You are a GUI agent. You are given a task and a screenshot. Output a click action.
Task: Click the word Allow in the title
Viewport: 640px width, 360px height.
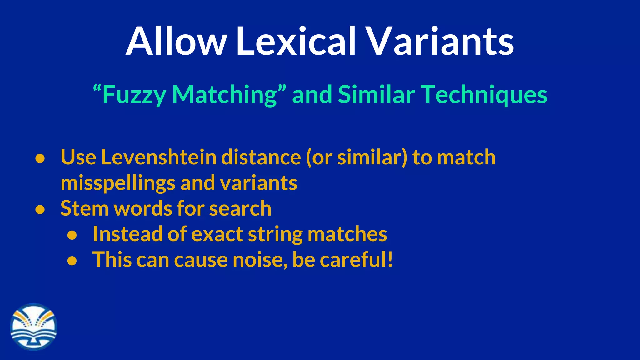click(x=176, y=41)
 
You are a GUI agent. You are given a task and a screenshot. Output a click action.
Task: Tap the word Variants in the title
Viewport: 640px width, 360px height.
click(x=440, y=41)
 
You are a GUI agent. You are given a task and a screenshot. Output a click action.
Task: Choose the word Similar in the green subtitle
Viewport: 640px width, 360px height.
click(x=376, y=94)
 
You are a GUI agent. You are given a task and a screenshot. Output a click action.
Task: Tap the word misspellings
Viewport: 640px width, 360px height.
click(x=118, y=183)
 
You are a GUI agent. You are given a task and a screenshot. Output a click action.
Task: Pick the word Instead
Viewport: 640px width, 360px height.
click(x=127, y=234)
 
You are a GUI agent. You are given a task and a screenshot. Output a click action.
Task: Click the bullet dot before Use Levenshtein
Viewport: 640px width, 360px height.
click(x=40, y=158)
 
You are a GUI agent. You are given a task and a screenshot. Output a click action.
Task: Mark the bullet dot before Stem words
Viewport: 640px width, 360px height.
click(x=40, y=210)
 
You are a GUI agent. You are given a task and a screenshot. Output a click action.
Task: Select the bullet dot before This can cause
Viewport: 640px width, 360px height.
click(x=72, y=261)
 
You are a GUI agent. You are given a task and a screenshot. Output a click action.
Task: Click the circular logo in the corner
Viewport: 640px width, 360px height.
click(x=34, y=327)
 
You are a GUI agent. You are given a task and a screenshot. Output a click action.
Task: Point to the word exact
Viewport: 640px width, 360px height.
click(x=217, y=234)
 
